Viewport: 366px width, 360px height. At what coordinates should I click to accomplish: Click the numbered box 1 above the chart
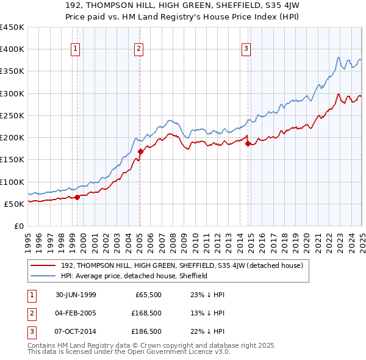click(x=75, y=49)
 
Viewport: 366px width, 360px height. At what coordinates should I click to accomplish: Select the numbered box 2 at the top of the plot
click(x=139, y=49)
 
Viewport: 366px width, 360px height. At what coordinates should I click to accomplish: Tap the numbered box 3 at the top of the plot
click(x=246, y=49)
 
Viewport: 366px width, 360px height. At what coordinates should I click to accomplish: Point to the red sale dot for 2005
click(x=140, y=151)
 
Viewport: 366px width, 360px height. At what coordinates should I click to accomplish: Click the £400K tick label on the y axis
click(x=13, y=49)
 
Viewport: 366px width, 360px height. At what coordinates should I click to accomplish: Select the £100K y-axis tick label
click(x=13, y=182)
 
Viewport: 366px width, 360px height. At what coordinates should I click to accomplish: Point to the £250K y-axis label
click(x=13, y=115)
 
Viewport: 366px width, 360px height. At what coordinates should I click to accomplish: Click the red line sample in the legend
click(x=44, y=265)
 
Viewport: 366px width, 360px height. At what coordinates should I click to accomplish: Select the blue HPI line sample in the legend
click(x=44, y=276)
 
